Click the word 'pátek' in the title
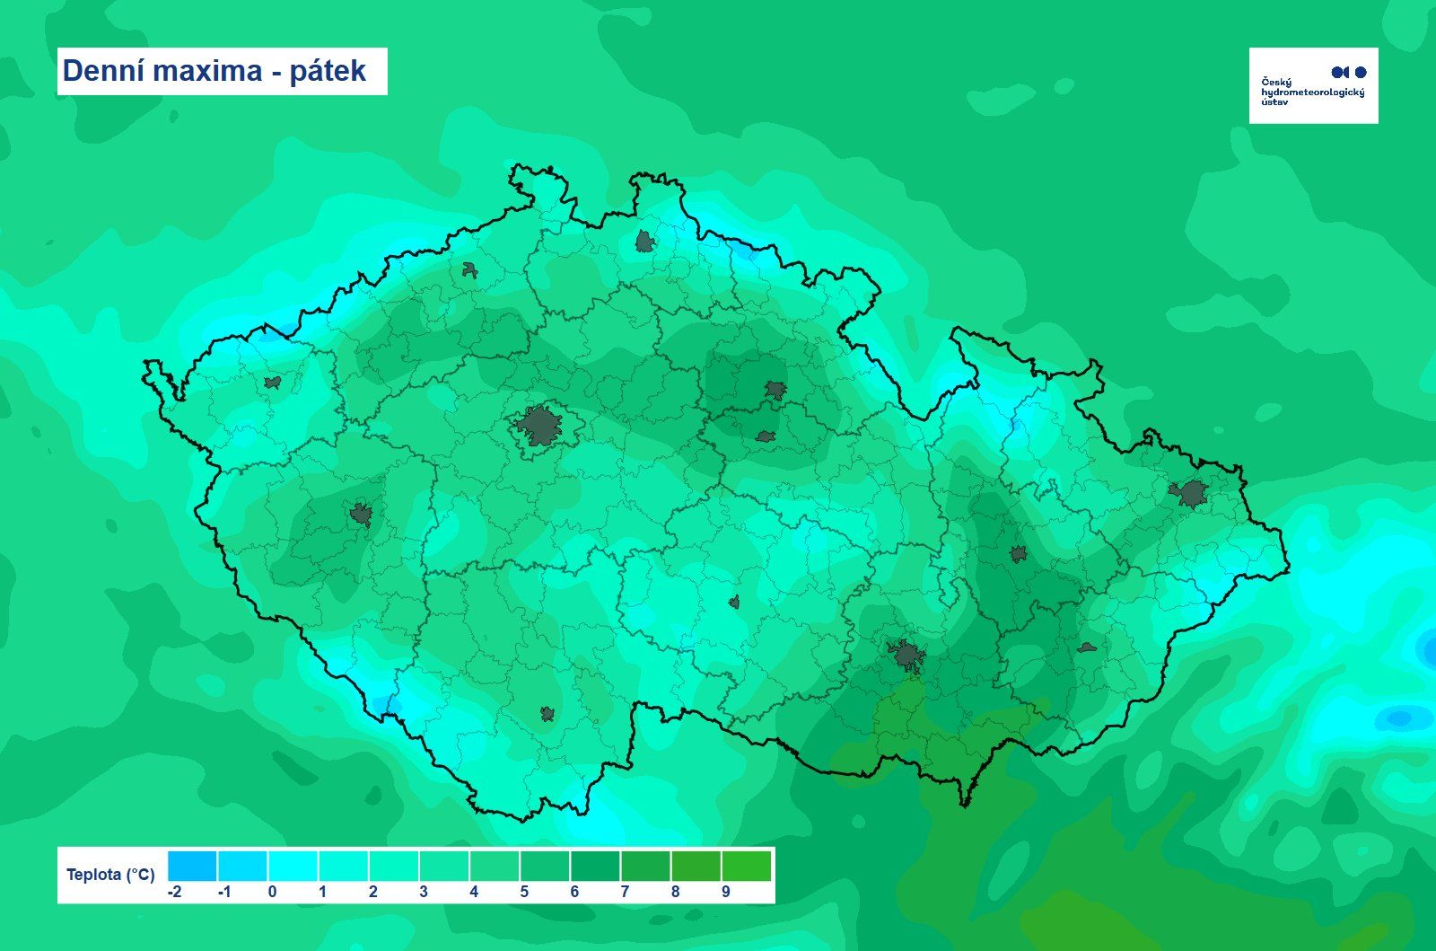(328, 72)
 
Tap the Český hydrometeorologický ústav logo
(1313, 85)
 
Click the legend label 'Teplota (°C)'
(110, 875)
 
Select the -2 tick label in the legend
(175, 892)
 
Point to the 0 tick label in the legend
(272, 892)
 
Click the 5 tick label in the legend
(524, 892)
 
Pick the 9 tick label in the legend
(725, 892)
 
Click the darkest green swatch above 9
(746, 867)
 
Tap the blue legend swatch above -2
(192, 867)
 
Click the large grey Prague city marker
(538, 426)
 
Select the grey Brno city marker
(906, 656)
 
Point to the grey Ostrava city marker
(1191, 493)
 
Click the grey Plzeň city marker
(361, 515)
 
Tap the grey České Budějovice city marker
(547, 714)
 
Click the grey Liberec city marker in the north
(644, 241)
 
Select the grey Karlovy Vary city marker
(272, 383)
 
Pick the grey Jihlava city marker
(734, 602)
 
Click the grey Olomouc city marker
(1018, 554)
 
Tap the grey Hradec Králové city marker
(775, 390)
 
